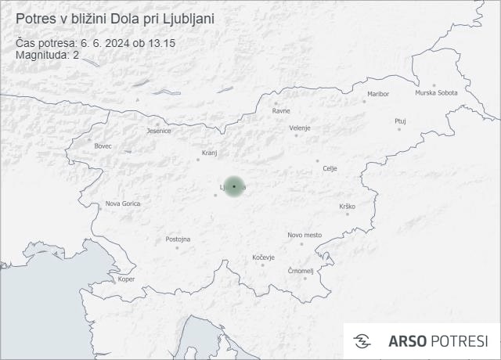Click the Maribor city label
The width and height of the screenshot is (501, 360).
tap(378, 94)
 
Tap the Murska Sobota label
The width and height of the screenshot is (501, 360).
tap(436, 93)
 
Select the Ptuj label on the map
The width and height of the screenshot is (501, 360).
tap(400, 121)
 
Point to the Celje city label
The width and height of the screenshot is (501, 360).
tap(330, 168)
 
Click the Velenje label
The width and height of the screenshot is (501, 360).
tap(300, 128)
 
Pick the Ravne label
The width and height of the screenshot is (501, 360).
tap(281, 110)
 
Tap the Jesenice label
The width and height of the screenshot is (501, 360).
tap(159, 131)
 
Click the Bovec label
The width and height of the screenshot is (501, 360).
tap(103, 146)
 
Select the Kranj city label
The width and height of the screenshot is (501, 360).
tap(209, 153)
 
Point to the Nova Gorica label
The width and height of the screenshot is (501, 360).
tap(123, 203)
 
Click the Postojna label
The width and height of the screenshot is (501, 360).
tap(178, 239)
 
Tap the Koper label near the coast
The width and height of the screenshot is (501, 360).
tap(126, 279)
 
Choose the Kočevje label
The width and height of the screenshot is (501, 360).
tap(264, 257)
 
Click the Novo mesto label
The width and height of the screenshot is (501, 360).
tap(305, 235)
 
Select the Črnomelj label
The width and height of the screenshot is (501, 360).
tap(301, 271)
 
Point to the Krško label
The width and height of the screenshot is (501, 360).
tap(347, 206)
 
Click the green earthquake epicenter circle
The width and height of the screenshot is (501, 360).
tap(234, 186)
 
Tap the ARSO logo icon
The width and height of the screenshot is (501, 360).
tap(362, 341)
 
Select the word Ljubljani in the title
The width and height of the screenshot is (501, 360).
tap(187, 17)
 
